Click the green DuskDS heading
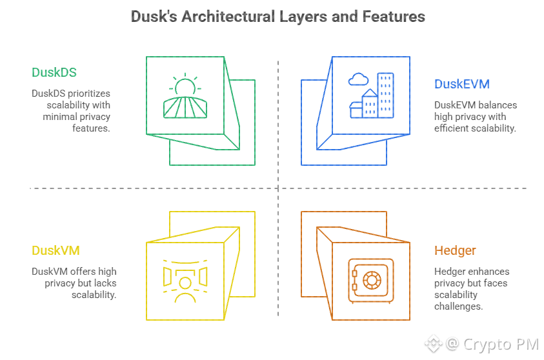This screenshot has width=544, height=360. click(x=54, y=72)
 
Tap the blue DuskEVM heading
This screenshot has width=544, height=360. click(x=461, y=84)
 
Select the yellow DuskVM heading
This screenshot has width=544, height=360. click(x=55, y=250)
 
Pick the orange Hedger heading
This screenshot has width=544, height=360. click(x=455, y=250)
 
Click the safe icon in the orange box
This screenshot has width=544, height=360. click(x=370, y=281)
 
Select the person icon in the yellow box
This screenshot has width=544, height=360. click(x=185, y=288)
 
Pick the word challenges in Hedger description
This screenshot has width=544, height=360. click(x=458, y=306)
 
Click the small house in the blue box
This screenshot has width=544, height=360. click(x=356, y=109)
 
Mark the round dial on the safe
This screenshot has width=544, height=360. click(x=374, y=281)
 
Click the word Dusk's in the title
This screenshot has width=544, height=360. click(x=154, y=17)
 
